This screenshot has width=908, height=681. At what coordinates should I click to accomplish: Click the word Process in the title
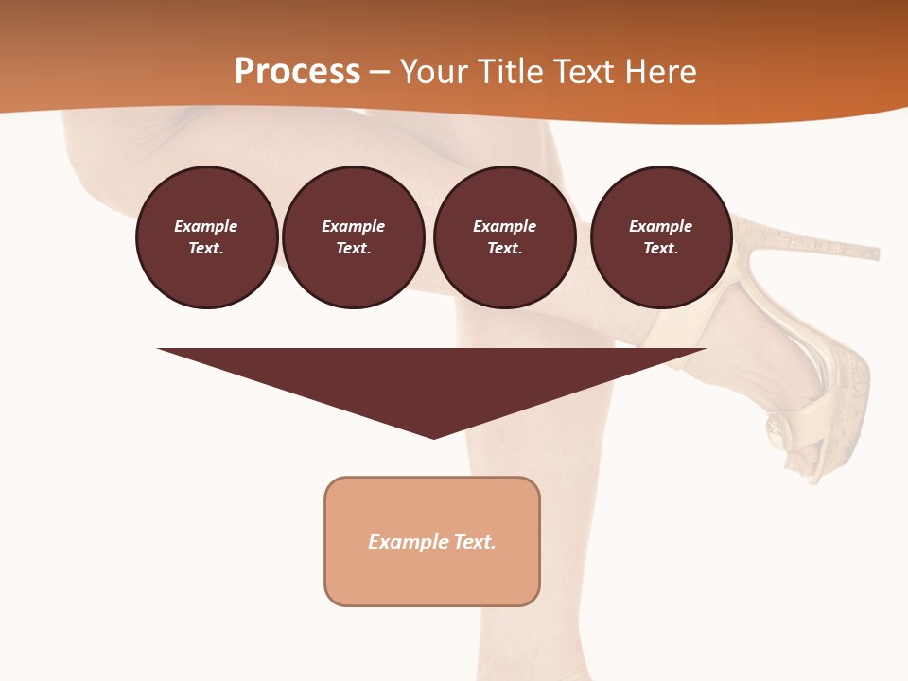click(x=297, y=72)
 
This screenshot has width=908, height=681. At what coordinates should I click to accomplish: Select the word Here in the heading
click(x=659, y=72)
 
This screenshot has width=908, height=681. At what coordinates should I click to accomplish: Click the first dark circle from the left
click(x=206, y=237)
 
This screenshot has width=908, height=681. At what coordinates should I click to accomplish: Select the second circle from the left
click(x=353, y=237)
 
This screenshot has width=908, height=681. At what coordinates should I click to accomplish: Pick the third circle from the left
click(x=504, y=237)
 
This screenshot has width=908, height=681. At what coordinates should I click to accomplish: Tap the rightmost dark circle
click(x=660, y=237)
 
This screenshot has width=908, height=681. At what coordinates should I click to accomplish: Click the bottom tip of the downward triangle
click(x=433, y=437)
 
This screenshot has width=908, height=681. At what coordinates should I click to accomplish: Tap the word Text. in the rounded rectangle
click(x=474, y=542)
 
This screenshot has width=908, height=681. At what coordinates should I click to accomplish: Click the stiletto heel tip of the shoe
click(x=875, y=253)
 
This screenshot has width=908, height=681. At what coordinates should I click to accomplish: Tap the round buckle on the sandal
click(x=777, y=430)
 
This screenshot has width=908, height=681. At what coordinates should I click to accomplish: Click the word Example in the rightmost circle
click(x=660, y=226)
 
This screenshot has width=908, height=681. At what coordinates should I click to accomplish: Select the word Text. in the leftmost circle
click(x=206, y=249)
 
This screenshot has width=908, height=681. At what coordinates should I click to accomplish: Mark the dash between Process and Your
click(x=379, y=73)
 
